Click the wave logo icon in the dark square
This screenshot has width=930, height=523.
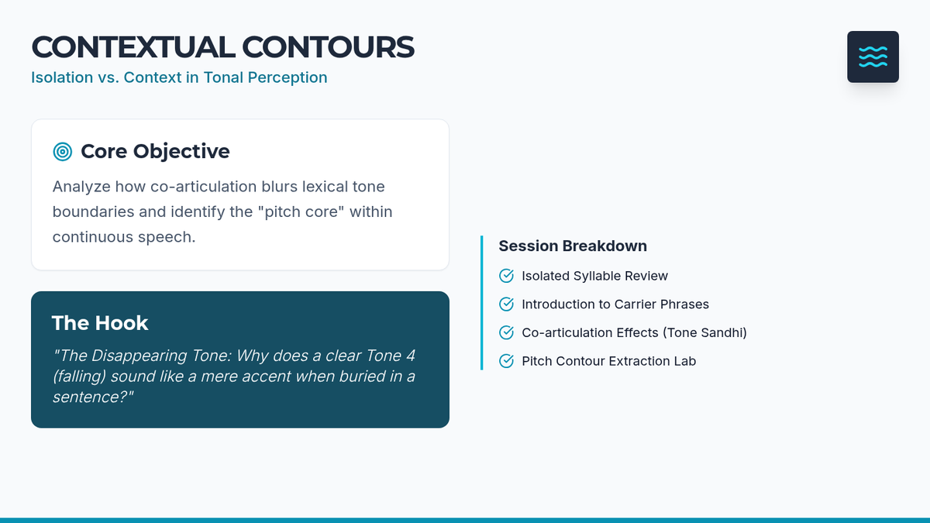873,57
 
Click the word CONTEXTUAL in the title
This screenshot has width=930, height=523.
133,47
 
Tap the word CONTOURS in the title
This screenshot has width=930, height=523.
328,47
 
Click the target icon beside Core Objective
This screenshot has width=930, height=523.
63,152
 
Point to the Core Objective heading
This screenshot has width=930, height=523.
155,151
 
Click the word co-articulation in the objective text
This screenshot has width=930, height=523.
203,187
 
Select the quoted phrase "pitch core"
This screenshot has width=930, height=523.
301,212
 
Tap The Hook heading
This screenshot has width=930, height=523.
100,323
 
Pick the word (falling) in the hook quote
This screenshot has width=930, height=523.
79,377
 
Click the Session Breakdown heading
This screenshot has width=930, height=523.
573,246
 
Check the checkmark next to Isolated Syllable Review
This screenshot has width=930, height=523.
507,276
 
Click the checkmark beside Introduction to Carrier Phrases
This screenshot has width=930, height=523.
507,305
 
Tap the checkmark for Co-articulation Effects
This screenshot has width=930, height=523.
507,332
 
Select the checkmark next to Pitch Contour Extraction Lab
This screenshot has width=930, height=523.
507,361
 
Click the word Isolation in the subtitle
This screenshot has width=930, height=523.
62,77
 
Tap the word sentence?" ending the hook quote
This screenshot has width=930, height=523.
93,397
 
